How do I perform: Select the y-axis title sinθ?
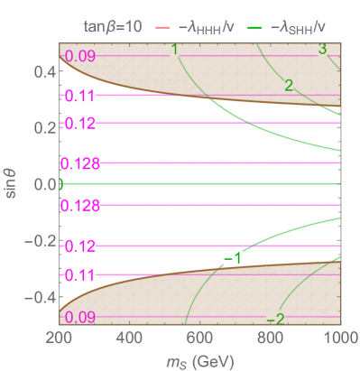[x=11, y=184]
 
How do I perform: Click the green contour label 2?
[x=288, y=86]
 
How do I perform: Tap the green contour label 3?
[x=322, y=49]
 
